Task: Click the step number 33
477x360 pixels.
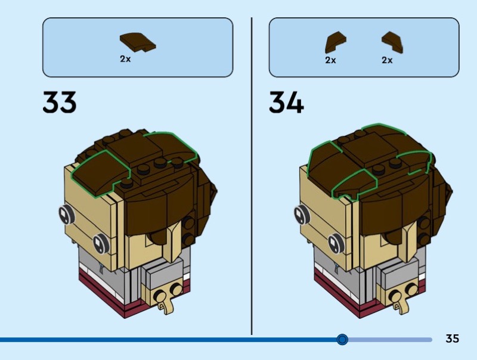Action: click(60, 103)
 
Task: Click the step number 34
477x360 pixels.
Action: click(286, 103)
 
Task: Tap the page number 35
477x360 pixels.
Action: click(453, 339)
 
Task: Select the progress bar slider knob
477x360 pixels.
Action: click(342, 339)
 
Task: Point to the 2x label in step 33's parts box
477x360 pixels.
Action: click(125, 60)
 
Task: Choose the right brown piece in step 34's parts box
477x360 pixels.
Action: click(392, 42)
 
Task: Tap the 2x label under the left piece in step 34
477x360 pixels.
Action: click(330, 60)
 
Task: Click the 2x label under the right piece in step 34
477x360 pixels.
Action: click(388, 60)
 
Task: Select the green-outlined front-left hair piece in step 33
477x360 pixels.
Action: click(98, 169)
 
